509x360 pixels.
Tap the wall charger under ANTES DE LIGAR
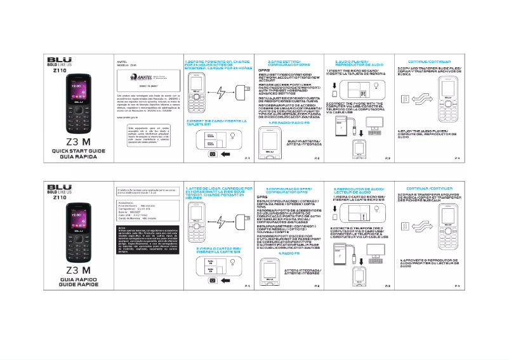point(241,222)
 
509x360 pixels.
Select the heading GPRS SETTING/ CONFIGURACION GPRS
point(285,63)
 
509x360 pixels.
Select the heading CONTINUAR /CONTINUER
point(423,189)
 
